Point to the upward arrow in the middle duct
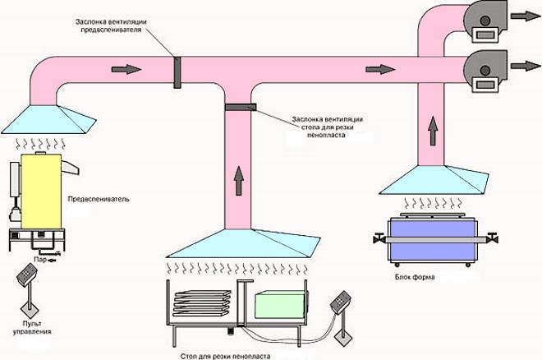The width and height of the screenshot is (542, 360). click(x=239, y=178)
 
